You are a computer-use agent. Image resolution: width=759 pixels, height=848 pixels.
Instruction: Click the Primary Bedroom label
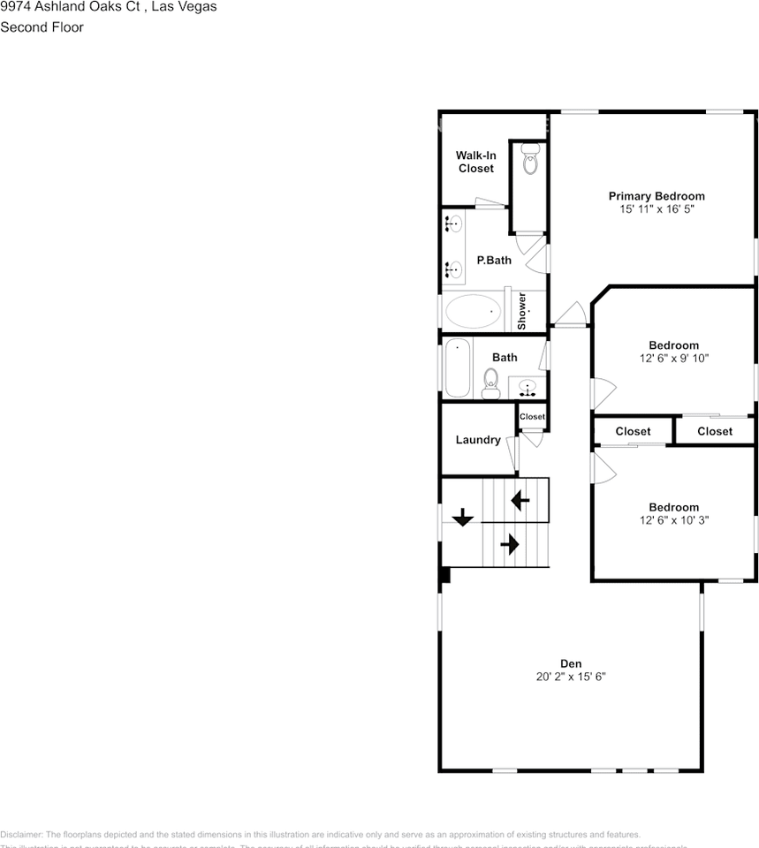pyautogui.click(x=656, y=196)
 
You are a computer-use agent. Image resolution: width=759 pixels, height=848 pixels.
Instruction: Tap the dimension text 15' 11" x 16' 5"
pyautogui.click(x=656, y=209)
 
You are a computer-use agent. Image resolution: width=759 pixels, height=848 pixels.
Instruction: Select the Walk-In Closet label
pyautogui.click(x=475, y=162)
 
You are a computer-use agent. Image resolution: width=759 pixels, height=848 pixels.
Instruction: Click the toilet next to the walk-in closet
pyautogui.click(x=530, y=163)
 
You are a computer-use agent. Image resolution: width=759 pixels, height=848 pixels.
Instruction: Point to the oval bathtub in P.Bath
pyautogui.click(x=472, y=312)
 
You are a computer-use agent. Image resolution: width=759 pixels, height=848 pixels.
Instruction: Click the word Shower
pyautogui.click(x=522, y=310)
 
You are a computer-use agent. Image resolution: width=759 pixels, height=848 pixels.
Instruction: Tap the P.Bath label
pyautogui.click(x=494, y=260)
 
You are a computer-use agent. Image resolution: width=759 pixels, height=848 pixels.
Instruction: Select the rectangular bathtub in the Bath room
pyautogui.click(x=458, y=367)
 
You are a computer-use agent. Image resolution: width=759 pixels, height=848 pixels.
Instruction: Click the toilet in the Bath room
pyautogui.click(x=491, y=382)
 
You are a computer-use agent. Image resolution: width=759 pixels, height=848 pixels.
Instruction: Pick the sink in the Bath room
pyautogui.click(x=528, y=387)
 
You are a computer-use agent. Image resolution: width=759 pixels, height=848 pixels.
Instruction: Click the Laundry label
pyautogui.click(x=478, y=440)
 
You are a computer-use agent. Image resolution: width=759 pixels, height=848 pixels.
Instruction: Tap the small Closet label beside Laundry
pyautogui.click(x=532, y=417)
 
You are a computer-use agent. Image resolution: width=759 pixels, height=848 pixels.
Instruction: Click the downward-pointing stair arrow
pyautogui.click(x=462, y=518)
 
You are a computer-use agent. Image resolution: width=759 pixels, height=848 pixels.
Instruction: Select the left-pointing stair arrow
pyautogui.click(x=520, y=501)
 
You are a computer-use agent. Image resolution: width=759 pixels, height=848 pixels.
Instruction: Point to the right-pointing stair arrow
pyautogui.click(x=509, y=544)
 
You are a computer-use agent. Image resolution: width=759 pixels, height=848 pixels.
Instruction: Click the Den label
pyautogui.click(x=570, y=663)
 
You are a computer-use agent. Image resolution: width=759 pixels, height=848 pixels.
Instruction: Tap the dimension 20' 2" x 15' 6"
pyautogui.click(x=570, y=677)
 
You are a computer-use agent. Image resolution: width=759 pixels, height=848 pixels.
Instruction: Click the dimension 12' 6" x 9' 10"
pyautogui.click(x=673, y=359)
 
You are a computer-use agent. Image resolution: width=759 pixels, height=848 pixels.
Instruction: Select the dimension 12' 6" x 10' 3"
pyautogui.click(x=673, y=520)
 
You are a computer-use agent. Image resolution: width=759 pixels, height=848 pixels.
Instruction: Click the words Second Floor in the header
pyautogui.click(x=42, y=27)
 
